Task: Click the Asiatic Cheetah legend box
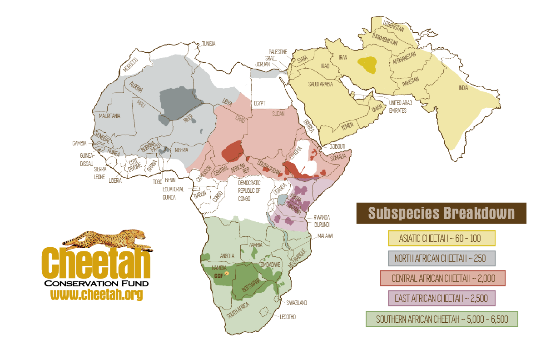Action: pos(441,238)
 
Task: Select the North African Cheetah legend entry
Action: pos(441,259)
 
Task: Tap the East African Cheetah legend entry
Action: pos(441,298)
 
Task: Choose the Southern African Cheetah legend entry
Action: pos(442,319)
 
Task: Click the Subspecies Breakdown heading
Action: pos(441,213)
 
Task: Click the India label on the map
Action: pos(463,88)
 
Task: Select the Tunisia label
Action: pos(208,44)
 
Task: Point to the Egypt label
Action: pos(259,103)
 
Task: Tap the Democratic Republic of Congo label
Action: pos(249,190)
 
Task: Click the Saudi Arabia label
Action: pos(321,84)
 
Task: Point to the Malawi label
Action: pos(325,236)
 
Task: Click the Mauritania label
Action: pos(109,116)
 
